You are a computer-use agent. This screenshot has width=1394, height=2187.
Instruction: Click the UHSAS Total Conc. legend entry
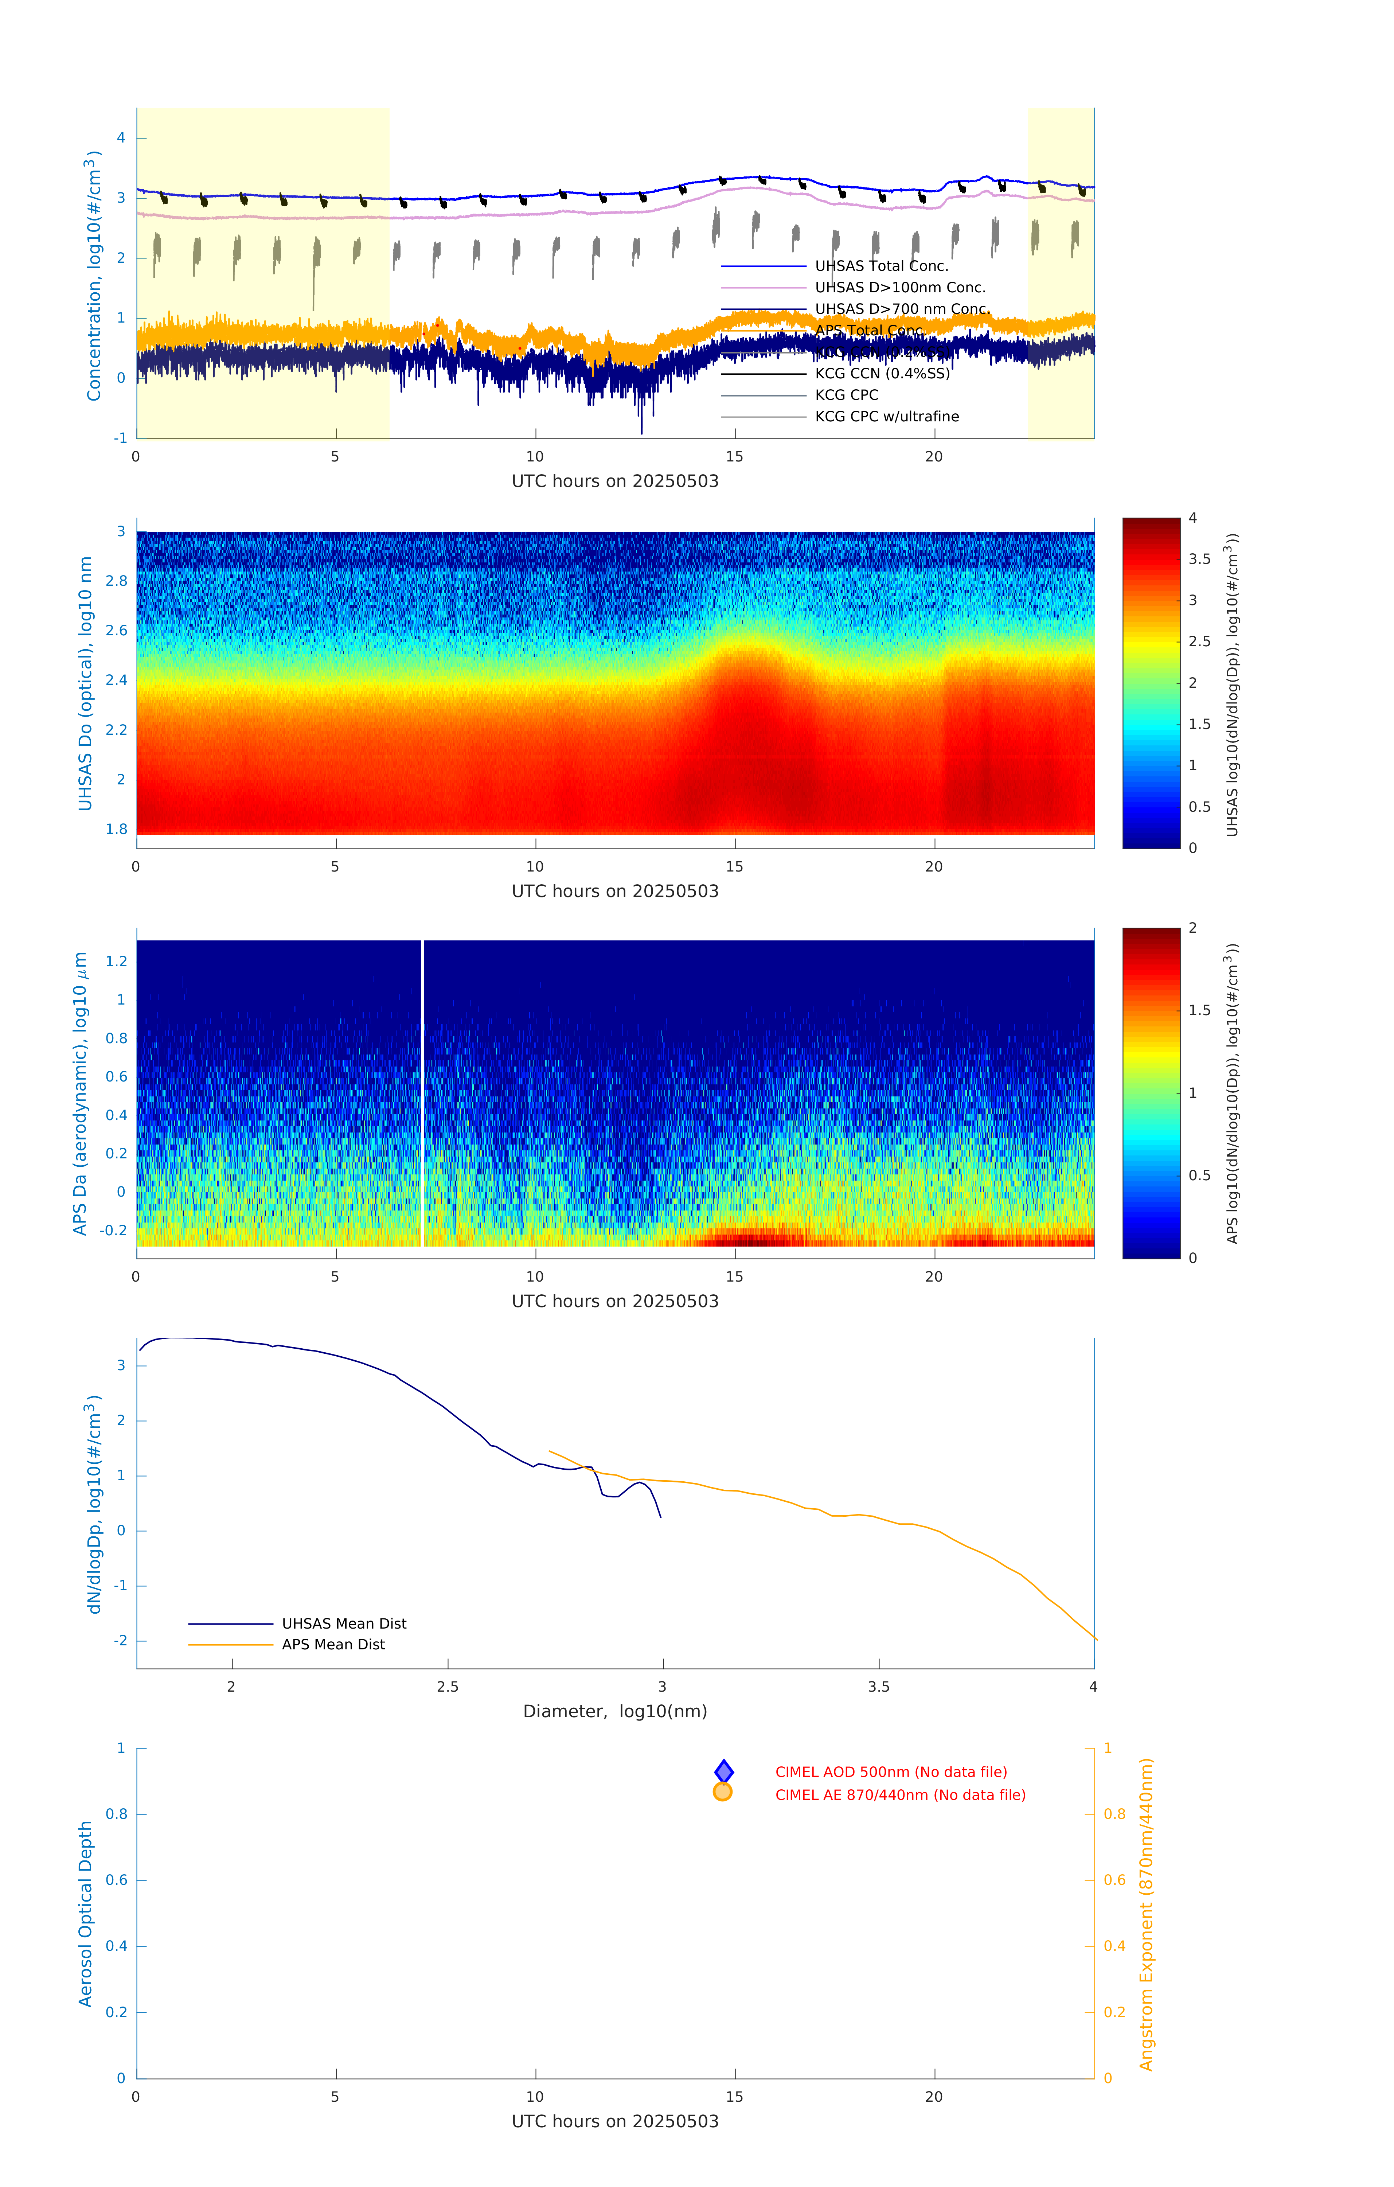881,266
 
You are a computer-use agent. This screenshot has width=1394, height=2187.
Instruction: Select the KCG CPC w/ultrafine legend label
886,417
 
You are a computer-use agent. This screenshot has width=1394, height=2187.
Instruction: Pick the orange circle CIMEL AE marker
723,1792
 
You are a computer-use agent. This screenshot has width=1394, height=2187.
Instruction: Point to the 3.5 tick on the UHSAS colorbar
1199,560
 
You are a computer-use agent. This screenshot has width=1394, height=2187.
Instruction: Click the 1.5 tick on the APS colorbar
1199,1010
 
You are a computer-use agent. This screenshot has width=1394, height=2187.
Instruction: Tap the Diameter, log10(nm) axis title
615,1711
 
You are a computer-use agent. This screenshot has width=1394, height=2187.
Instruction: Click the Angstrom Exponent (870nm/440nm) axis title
1146,1914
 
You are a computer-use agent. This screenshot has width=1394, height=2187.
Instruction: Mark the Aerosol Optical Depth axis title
85,1914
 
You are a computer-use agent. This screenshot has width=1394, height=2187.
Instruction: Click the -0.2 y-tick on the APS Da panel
113,1231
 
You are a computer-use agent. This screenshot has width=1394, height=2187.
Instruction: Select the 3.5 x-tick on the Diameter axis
878,1687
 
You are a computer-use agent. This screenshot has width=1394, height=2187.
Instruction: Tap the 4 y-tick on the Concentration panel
121,138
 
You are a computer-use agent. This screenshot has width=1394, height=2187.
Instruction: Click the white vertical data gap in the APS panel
421,1090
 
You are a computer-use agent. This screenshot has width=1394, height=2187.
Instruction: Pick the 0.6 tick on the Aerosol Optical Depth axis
116,1880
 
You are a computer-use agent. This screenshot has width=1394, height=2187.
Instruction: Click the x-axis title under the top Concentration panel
615,482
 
